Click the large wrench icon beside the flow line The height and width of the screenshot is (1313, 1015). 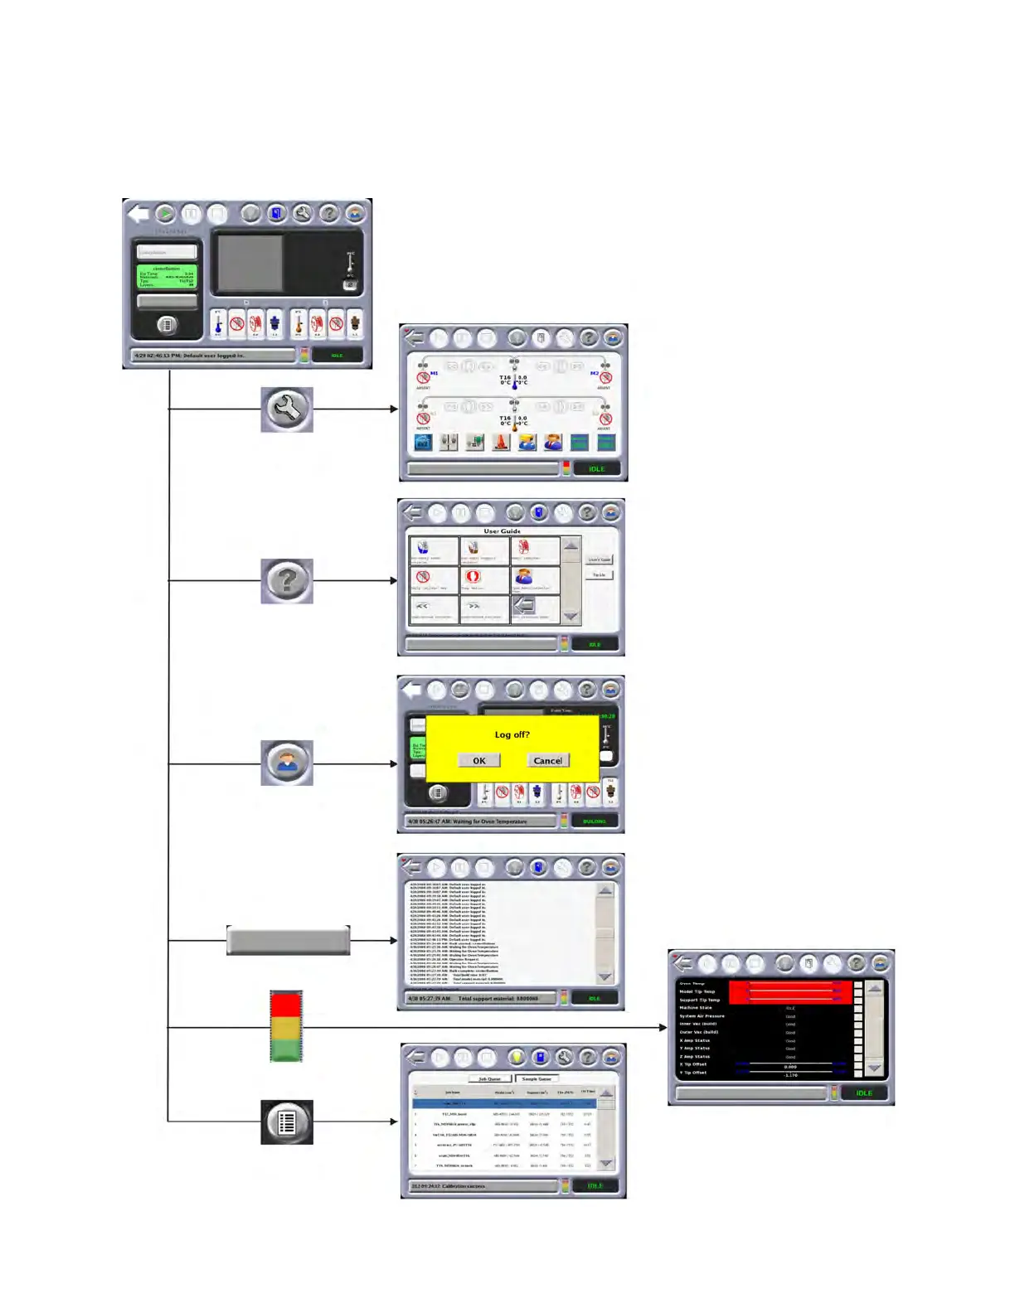point(287,409)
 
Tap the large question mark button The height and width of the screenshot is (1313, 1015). point(287,581)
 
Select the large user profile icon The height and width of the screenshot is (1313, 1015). point(287,763)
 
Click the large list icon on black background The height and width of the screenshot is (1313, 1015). point(287,1122)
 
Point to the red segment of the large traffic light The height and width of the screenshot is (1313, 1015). point(286,1004)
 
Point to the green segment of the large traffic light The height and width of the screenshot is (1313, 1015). point(286,1051)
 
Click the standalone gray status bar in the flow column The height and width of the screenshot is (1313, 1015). point(288,941)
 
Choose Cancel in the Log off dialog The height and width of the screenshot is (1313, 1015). point(547,761)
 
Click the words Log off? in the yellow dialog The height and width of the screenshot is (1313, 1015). point(512,734)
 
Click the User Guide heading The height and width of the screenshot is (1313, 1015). point(503,531)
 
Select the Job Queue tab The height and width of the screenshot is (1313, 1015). point(489,1079)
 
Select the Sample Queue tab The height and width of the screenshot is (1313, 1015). point(537,1079)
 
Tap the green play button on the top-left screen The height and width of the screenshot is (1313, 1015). point(165,214)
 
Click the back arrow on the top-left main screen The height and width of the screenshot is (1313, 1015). point(138,214)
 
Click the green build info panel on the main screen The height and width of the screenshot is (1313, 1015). point(167,277)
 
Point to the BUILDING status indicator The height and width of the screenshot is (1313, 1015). point(595,821)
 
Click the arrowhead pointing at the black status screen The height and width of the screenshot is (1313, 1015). point(663,1028)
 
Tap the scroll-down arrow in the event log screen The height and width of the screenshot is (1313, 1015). point(605,977)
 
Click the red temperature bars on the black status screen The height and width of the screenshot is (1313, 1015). point(790,992)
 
